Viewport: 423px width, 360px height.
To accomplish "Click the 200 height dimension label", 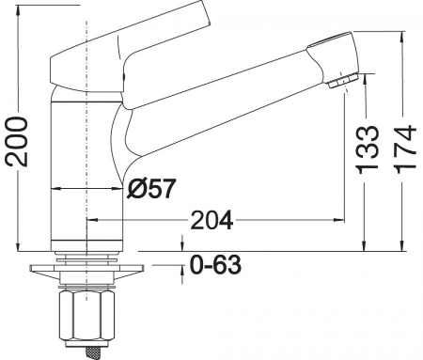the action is pos(16,141).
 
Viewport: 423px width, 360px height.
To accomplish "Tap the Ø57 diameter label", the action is pos(150,189).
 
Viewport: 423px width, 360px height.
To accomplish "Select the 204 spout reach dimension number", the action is pos(211,220).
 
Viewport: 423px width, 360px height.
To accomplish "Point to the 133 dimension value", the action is pos(367,149).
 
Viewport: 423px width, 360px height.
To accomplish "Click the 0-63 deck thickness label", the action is pos(216,265).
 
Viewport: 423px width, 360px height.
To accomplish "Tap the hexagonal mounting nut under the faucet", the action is pos(86,315).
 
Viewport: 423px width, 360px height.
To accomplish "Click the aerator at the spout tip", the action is pos(343,80).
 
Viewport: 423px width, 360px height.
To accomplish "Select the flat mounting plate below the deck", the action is pos(86,268).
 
